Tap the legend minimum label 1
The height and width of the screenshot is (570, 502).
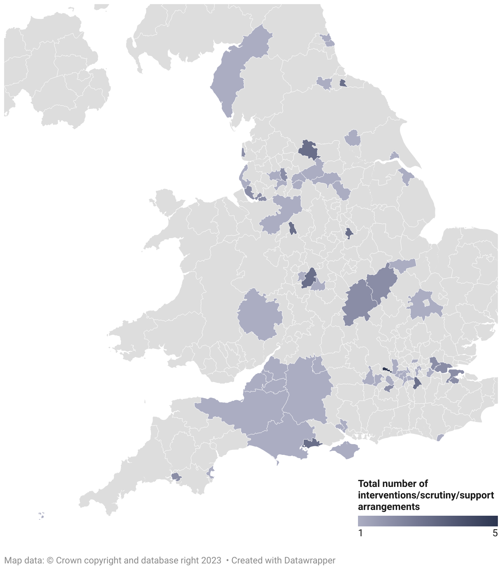point(360,533)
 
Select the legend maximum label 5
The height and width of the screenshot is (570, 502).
point(495,533)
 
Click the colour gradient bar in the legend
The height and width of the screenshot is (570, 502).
point(428,521)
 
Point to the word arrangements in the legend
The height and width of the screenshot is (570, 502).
point(389,507)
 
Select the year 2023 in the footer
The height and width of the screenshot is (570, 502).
point(211,560)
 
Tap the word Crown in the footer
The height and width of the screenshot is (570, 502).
point(68,560)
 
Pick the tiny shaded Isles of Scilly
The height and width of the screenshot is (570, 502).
point(41,515)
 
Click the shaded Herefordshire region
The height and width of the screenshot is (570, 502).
point(259,315)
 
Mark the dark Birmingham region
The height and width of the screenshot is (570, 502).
point(309,278)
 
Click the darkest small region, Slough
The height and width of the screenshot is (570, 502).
point(386,369)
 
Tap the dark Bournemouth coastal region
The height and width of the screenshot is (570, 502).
point(312,443)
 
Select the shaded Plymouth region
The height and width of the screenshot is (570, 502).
point(176,477)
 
